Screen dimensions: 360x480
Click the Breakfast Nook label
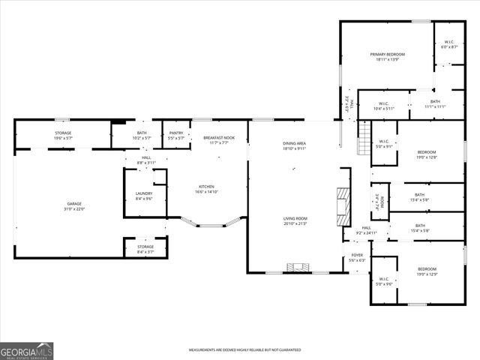coord(219,139)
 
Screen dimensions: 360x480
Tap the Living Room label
coord(295,220)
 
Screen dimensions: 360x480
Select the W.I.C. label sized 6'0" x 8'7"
coord(448,44)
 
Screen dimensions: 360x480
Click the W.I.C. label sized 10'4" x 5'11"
coord(383,106)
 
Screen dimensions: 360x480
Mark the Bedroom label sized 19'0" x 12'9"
coord(426,271)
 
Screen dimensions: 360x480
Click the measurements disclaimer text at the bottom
coord(244,350)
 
